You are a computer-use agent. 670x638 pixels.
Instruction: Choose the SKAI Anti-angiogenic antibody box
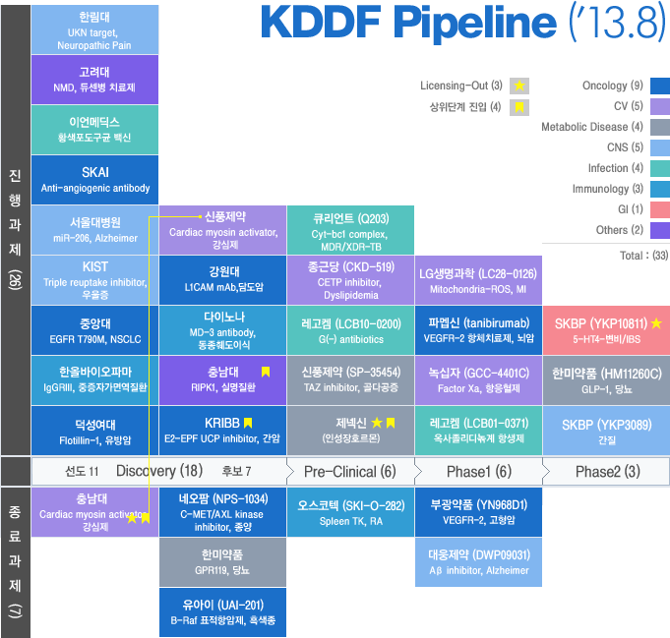(94, 180)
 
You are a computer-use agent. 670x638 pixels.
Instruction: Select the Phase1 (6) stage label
(478, 471)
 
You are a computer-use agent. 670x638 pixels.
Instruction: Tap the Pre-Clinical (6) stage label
(350, 471)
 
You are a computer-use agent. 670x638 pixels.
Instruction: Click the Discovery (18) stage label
(159, 471)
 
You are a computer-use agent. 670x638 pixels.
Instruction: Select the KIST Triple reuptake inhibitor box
(94, 278)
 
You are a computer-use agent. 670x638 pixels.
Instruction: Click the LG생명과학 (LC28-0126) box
(478, 280)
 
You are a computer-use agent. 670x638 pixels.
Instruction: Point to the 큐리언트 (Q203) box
(350, 229)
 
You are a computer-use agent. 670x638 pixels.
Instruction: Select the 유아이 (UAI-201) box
(222, 611)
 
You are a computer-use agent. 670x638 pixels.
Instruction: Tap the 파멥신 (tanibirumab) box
(478, 329)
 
